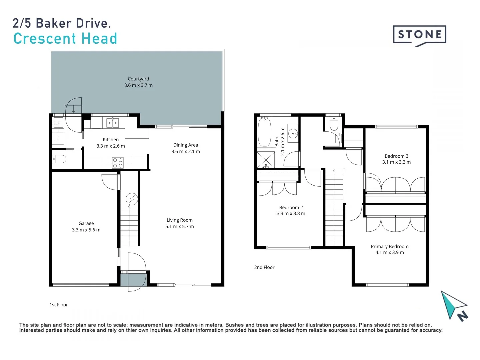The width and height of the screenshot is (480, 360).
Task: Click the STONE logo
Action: pyautogui.click(x=419, y=35)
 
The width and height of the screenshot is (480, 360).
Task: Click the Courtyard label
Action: pyautogui.click(x=138, y=79)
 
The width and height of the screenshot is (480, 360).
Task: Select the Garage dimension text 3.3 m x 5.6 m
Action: pyautogui.click(x=86, y=230)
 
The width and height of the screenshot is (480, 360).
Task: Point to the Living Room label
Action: pyautogui.click(x=180, y=220)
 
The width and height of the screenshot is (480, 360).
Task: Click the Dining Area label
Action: pyautogui.click(x=186, y=145)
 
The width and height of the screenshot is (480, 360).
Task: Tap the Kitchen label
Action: pyautogui.click(x=111, y=140)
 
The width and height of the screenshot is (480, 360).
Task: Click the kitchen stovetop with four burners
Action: pyautogui.click(x=118, y=163)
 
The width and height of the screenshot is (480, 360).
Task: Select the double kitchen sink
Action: pyautogui.click(x=112, y=123)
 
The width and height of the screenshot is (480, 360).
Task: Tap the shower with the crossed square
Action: pyautogui.click(x=266, y=160)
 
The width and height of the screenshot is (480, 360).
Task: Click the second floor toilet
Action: pyautogui.click(x=334, y=124)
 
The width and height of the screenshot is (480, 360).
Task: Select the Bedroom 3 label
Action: pyautogui.click(x=396, y=156)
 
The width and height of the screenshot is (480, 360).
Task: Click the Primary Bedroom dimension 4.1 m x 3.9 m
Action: pyautogui.click(x=390, y=252)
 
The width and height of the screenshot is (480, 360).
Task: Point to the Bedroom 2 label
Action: pyautogui.click(x=291, y=207)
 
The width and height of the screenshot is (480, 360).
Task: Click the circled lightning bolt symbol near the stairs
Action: pyautogui.click(x=132, y=199)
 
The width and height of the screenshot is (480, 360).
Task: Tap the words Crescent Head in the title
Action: pyautogui.click(x=65, y=39)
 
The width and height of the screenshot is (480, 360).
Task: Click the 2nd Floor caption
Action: pyautogui.click(x=264, y=267)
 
